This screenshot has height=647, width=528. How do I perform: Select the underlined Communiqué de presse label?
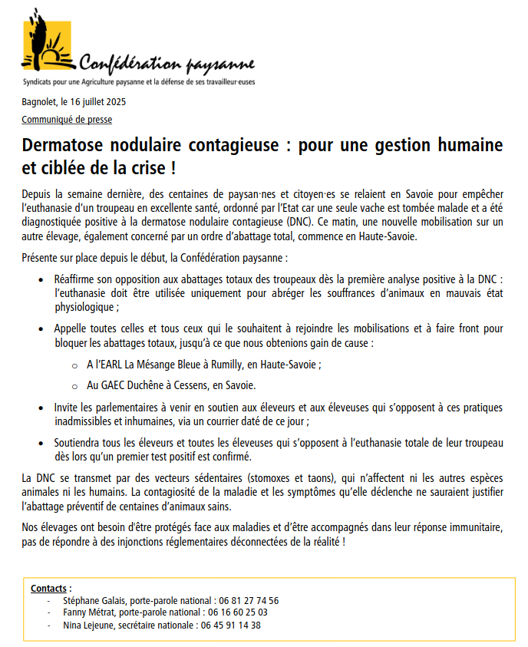(x=67, y=120)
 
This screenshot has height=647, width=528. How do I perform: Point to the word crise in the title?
(x=136, y=166)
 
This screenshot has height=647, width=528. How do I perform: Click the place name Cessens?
(x=198, y=385)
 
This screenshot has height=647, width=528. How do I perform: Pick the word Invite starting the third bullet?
(x=67, y=408)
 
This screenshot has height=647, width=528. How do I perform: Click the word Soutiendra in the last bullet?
(x=78, y=443)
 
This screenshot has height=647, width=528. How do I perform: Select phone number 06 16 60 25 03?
(x=239, y=612)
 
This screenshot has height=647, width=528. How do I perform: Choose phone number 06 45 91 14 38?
(x=231, y=625)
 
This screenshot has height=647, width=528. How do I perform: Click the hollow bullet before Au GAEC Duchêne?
(x=74, y=385)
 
